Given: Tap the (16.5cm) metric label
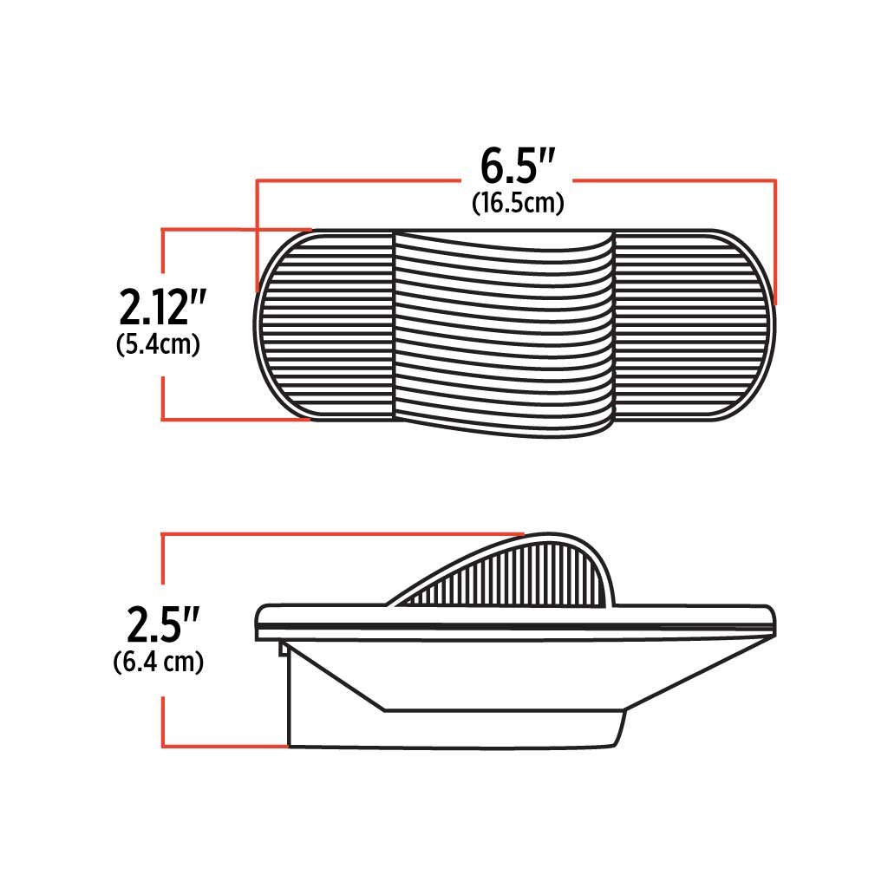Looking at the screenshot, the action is [518, 203].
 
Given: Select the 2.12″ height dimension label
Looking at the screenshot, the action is [161, 307].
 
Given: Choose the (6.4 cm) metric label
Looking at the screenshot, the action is [159, 662].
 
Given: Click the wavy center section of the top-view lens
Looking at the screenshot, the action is [504, 334].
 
